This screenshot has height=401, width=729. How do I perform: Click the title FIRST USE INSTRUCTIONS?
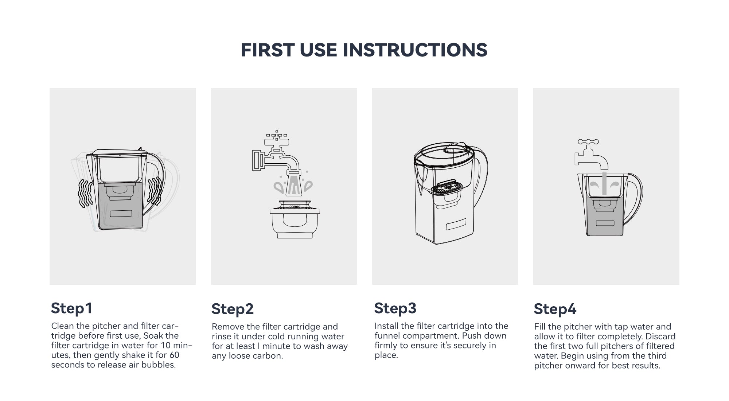click(x=364, y=50)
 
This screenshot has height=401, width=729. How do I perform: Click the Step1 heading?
click(x=71, y=308)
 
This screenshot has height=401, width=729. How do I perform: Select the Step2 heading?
click(x=233, y=309)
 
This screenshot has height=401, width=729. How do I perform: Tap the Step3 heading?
click(x=395, y=308)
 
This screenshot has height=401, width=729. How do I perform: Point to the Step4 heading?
click(x=555, y=309)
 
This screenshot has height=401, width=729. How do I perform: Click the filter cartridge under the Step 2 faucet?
click(x=295, y=219)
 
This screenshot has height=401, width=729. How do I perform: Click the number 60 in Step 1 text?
click(x=174, y=355)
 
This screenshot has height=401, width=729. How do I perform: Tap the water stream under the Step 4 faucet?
click(x=604, y=183)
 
